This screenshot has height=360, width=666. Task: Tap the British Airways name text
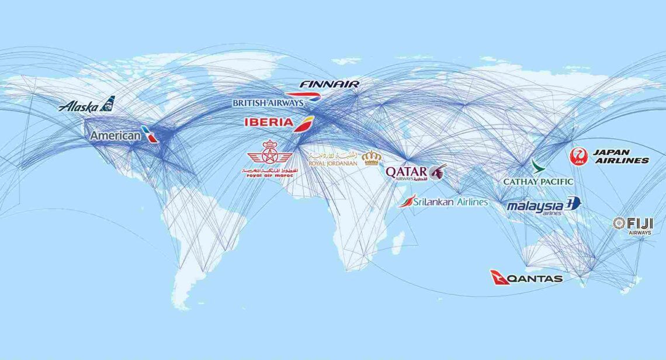click(268, 103)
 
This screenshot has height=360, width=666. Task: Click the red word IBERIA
click(269, 122)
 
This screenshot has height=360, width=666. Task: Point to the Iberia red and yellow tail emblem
click(304, 124)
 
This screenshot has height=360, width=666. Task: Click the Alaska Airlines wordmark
click(78, 106)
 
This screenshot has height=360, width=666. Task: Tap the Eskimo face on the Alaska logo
click(107, 104)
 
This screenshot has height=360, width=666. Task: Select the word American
click(115, 136)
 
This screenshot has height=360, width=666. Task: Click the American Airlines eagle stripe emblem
click(150, 134)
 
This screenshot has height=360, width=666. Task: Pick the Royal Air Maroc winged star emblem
click(269, 154)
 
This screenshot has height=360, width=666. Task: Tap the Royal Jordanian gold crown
click(371, 158)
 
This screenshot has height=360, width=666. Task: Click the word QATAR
click(406, 172)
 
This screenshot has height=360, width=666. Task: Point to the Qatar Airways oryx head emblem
click(438, 171)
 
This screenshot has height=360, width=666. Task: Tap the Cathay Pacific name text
click(538, 182)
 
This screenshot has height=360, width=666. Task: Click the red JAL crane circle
click(578, 156)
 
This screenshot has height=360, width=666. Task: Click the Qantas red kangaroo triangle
click(498, 278)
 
